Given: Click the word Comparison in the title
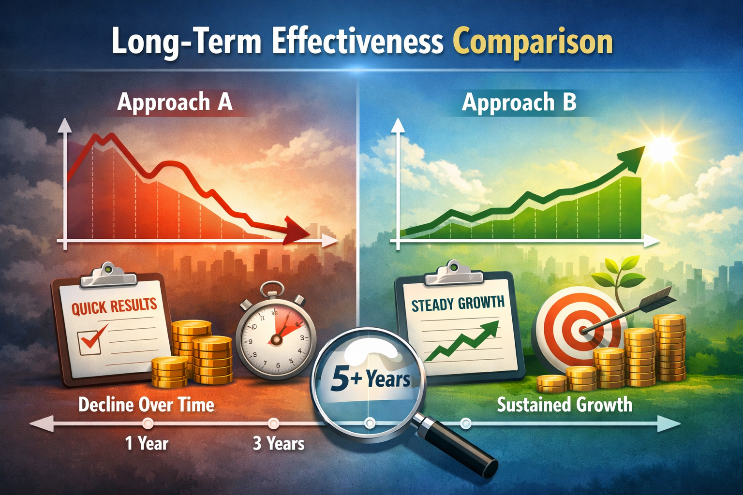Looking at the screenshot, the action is point(533,43).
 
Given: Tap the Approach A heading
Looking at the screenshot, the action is point(175,102).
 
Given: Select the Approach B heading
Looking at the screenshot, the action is point(519,102).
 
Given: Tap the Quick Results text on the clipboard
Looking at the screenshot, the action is point(114,306).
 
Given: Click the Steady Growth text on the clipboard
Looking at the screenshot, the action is point(458,303).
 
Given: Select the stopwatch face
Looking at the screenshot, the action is point(276,338).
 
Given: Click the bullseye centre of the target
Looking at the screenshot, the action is point(583,330).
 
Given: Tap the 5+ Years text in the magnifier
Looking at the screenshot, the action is point(370,379).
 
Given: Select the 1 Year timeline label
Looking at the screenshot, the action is point(147,443).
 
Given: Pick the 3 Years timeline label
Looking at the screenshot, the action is point(278,443).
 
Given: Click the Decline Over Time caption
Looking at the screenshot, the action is point(146,405).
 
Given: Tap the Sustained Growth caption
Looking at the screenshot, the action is point(565,405).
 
